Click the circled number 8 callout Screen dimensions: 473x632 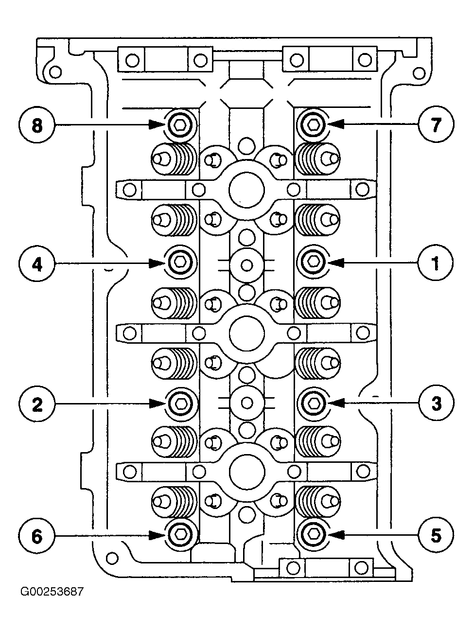[36, 125]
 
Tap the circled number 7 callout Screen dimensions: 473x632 [436, 124]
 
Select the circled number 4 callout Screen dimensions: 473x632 [36, 264]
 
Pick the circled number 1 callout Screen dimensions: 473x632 [436, 263]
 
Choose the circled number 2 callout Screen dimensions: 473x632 [36, 404]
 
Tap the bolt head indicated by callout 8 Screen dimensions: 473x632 [180, 125]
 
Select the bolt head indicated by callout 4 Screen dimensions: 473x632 [180, 262]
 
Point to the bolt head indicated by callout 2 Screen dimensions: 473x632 [180, 404]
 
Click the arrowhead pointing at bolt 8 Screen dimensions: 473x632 [157, 125]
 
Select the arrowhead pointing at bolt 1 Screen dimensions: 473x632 [336, 263]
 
